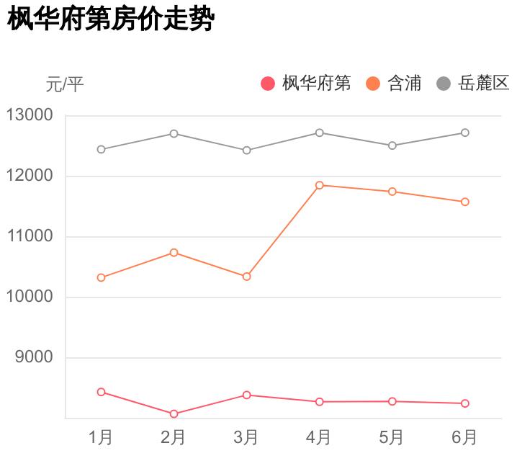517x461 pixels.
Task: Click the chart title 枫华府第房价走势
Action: click(111, 19)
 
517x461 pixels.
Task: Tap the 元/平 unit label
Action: click(65, 85)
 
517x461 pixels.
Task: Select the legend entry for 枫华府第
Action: click(306, 84)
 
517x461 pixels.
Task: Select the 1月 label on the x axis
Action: click(101, 437)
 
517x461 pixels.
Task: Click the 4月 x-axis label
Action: click(319, 437)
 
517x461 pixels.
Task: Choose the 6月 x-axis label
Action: click(464, 437)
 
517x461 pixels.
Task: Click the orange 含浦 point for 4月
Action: click(319, 185)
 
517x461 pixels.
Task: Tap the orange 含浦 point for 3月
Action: click(246, 277)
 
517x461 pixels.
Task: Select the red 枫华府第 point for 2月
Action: click(174, 414)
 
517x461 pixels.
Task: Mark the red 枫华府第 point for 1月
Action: click(101, 392)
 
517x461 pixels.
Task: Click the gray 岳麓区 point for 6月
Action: click(465, 133)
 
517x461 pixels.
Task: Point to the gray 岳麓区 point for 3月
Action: click(246, 151)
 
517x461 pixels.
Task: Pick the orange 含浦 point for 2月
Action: click(174, 253)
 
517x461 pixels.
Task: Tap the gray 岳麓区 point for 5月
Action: click(392, 146)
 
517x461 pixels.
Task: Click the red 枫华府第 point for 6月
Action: click(465, 403)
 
